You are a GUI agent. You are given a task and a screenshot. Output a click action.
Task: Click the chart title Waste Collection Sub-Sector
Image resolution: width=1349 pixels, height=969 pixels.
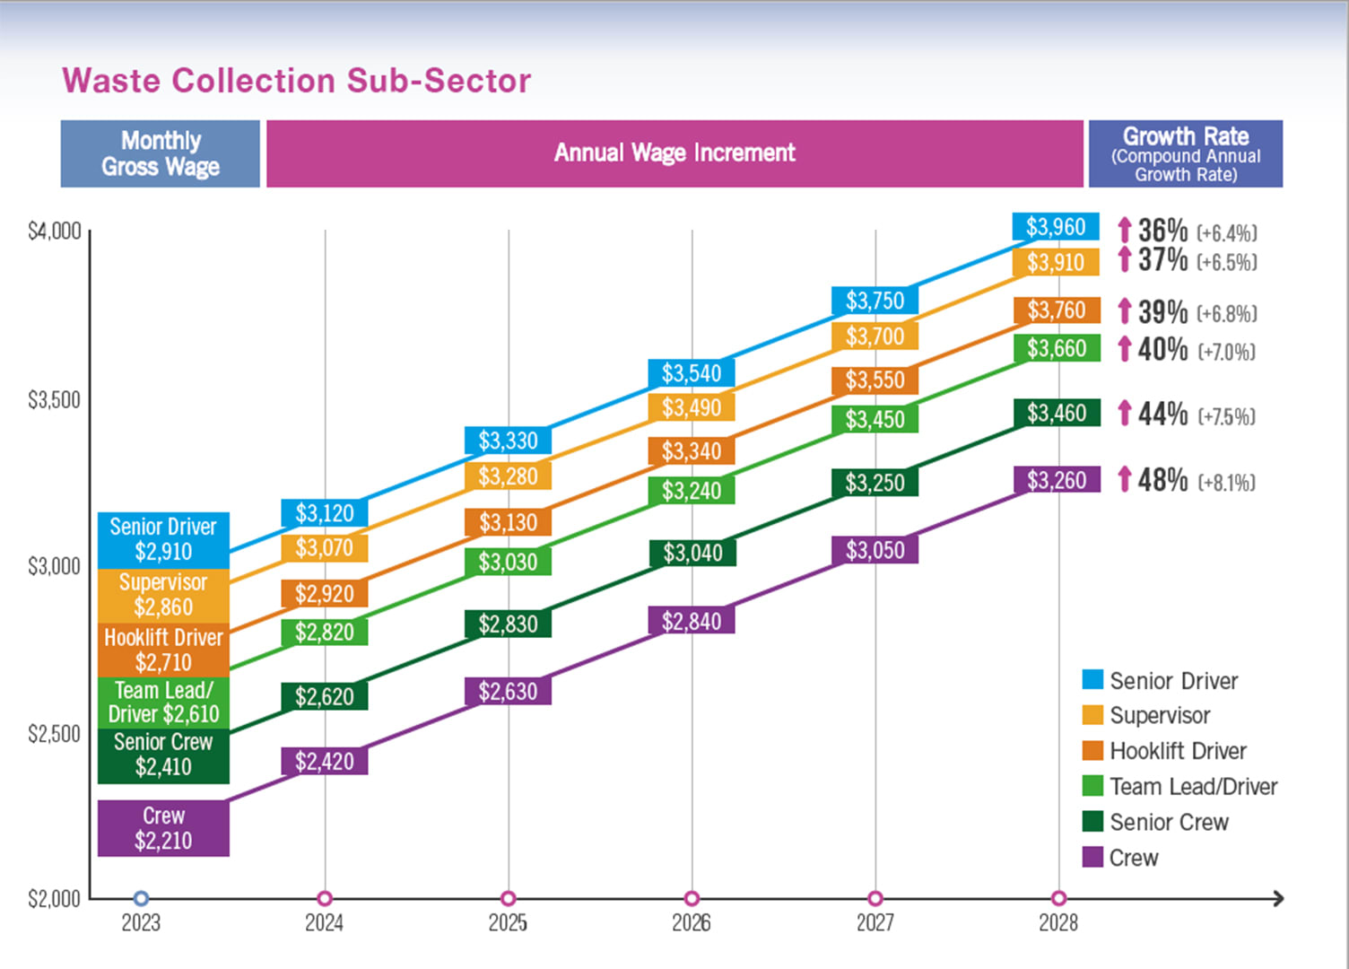pyautogui.click(x=296, y=81)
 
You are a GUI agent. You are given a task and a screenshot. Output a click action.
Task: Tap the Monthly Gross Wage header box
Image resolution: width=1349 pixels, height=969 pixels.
pyautogui.click(x=161, y=153)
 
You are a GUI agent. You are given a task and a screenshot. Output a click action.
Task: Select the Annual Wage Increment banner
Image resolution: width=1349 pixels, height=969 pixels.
pyautogui.click(x=674, y=153)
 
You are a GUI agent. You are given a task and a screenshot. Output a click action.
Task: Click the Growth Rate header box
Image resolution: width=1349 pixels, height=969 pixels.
pyautogui.click(x=1185, y=153)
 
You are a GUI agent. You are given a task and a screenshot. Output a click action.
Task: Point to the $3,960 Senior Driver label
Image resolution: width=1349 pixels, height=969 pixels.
pyautogui.click(x=1056, y=227)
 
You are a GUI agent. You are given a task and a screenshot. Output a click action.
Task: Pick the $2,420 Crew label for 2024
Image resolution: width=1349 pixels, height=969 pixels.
pyautogui.click(x=325, y=762)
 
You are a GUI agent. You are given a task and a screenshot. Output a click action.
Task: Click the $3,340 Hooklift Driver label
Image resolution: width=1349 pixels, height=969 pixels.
pyautogui.click(x=692, y=451)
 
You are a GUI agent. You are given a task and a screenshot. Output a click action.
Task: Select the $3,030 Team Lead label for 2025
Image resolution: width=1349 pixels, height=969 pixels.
pyautogui.click(x=508, y=563)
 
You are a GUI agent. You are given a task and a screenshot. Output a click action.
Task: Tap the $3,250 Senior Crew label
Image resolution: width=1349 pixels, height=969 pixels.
pyautogui.click(x=875, y=484)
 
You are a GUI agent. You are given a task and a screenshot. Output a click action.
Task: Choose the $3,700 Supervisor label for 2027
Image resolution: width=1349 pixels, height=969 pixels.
pyautogui.click(x=875, y=336)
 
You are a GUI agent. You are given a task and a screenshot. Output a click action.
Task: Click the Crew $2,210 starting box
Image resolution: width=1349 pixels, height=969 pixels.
pyautogui.click(x=163, y=828)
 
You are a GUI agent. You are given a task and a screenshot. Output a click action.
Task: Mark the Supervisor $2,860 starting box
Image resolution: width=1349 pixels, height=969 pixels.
pyautogui.click(x=163, y=595)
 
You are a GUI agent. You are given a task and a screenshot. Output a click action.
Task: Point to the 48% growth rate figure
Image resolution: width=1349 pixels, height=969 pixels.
pyautogui.click(x=1162, y=480)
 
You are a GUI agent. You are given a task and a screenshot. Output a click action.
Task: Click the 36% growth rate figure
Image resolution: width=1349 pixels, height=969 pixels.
pyautogui.click(x=1162, y=231)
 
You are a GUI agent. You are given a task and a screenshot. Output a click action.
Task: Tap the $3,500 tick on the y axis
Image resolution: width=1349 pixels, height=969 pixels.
pyautogui.click(x=54, y=400)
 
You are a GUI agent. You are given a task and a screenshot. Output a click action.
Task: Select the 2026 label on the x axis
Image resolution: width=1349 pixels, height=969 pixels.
pyautogui.click(x=692, y=922)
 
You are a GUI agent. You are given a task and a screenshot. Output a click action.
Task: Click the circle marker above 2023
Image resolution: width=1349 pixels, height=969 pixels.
pyautogui.click(x=141, y=898)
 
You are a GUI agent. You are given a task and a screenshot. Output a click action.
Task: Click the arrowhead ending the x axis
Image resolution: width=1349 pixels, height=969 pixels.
pyautogui.click(x=1279, y=898)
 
